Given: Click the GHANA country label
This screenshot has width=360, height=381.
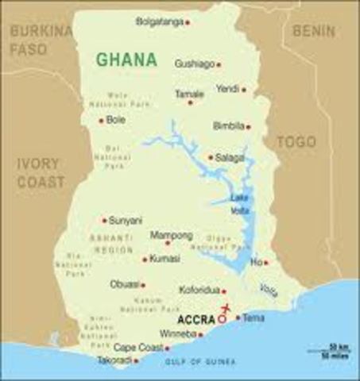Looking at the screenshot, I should [126, 60].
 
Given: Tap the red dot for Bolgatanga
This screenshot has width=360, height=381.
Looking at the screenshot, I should [188, 22].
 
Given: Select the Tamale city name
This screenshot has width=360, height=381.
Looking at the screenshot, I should [190, 94].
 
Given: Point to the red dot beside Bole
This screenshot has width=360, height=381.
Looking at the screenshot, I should [101, 121].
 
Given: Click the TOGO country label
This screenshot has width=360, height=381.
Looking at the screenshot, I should [296, 142].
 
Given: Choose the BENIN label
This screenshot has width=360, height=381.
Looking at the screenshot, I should [314, 31].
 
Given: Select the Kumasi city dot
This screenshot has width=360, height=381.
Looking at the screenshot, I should [145, 259].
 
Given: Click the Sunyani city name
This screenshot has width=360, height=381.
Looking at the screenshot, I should [126, 220].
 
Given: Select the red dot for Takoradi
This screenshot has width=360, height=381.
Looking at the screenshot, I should [137, 360].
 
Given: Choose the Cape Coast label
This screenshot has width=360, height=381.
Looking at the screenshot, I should [137, 348].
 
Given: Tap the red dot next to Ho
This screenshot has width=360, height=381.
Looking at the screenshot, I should [265, 262].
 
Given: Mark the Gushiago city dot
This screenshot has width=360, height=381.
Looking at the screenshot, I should [219, 64].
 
